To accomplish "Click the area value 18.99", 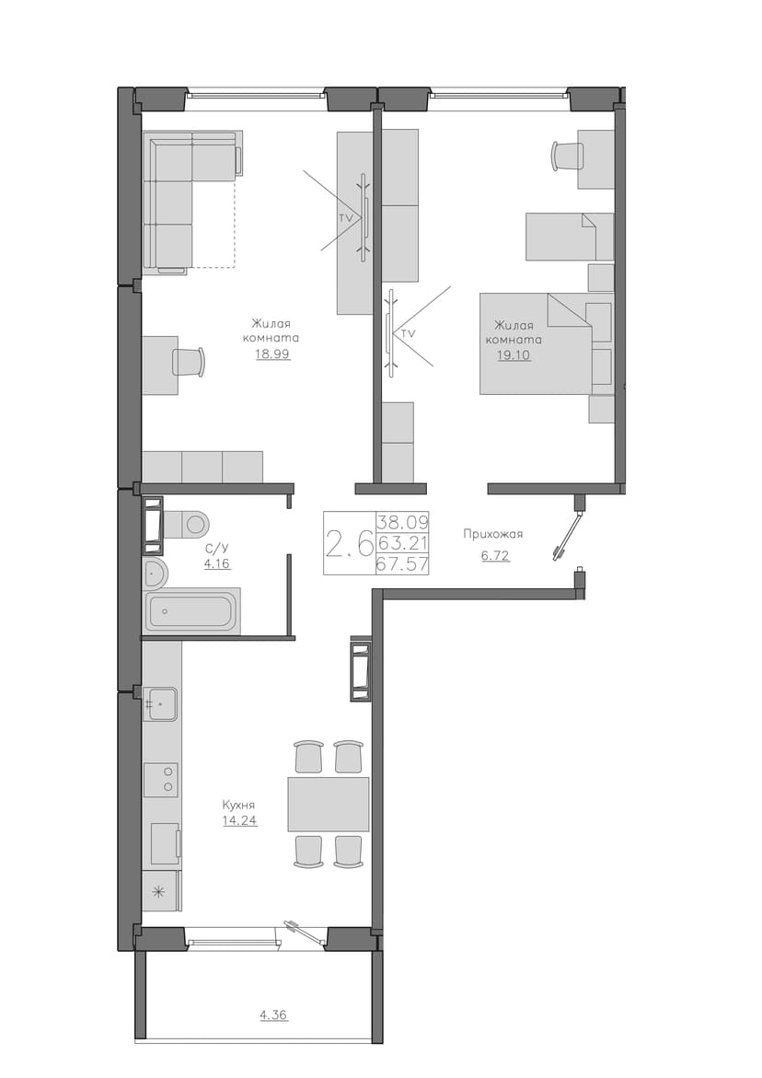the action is point(272,354).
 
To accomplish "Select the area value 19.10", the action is point(514,355).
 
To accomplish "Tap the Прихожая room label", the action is point(493,534).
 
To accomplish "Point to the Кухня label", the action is point(239,805).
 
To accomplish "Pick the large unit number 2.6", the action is point(349,544).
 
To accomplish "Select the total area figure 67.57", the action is point(403,565).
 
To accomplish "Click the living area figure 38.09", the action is point(403,520).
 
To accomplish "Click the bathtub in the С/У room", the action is point(192,610).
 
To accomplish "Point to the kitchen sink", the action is point(160,704).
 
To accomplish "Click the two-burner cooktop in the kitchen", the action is point(161,780).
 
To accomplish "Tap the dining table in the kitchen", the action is point(329,804).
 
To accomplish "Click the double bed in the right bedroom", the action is point(536,343).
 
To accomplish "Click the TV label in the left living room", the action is point(346,216).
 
